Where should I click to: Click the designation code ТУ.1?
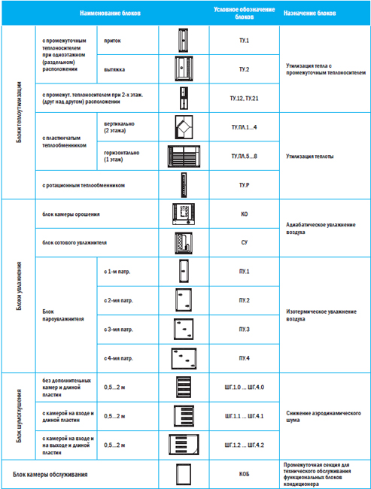click(244, 41)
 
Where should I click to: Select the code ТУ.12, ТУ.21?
click(244, 99)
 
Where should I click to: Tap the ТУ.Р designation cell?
click(244, 185)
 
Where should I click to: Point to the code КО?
click(245, 214)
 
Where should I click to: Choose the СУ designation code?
click(245, 243)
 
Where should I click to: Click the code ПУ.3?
click(244, 330)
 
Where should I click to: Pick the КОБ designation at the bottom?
click(244, 474)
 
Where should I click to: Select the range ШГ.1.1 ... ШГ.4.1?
click(245, 416)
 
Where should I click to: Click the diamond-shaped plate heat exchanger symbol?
click(184, 127)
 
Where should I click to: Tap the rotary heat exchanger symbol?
click(184, 185)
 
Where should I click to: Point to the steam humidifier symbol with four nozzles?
click(184, 359)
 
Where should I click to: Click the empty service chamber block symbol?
click(184, 475)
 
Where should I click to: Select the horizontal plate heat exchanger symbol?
click(184, 156)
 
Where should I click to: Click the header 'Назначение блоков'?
click(309, 13)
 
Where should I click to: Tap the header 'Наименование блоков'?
click(110, 13)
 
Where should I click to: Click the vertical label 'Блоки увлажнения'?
click(19, 286)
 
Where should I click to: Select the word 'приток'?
click(112, 41)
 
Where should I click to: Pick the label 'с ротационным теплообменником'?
click(84, 186)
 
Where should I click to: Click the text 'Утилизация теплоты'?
click(310, 156)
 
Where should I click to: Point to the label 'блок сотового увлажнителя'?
click(75, 243)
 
